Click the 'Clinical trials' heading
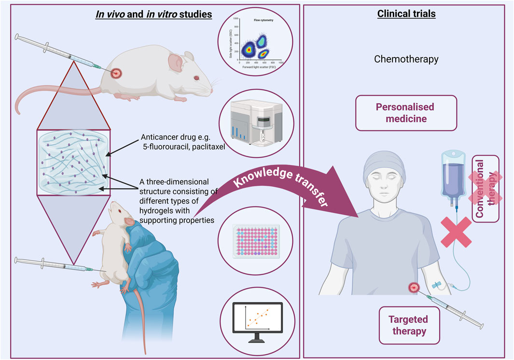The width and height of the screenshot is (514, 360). (406, 14)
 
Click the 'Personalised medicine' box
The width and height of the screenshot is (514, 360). (406, 113)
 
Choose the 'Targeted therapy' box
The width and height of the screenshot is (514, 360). (407, 325)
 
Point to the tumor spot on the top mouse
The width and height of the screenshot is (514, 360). (116, 74)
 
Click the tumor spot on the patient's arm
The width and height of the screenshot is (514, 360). (414, 288)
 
